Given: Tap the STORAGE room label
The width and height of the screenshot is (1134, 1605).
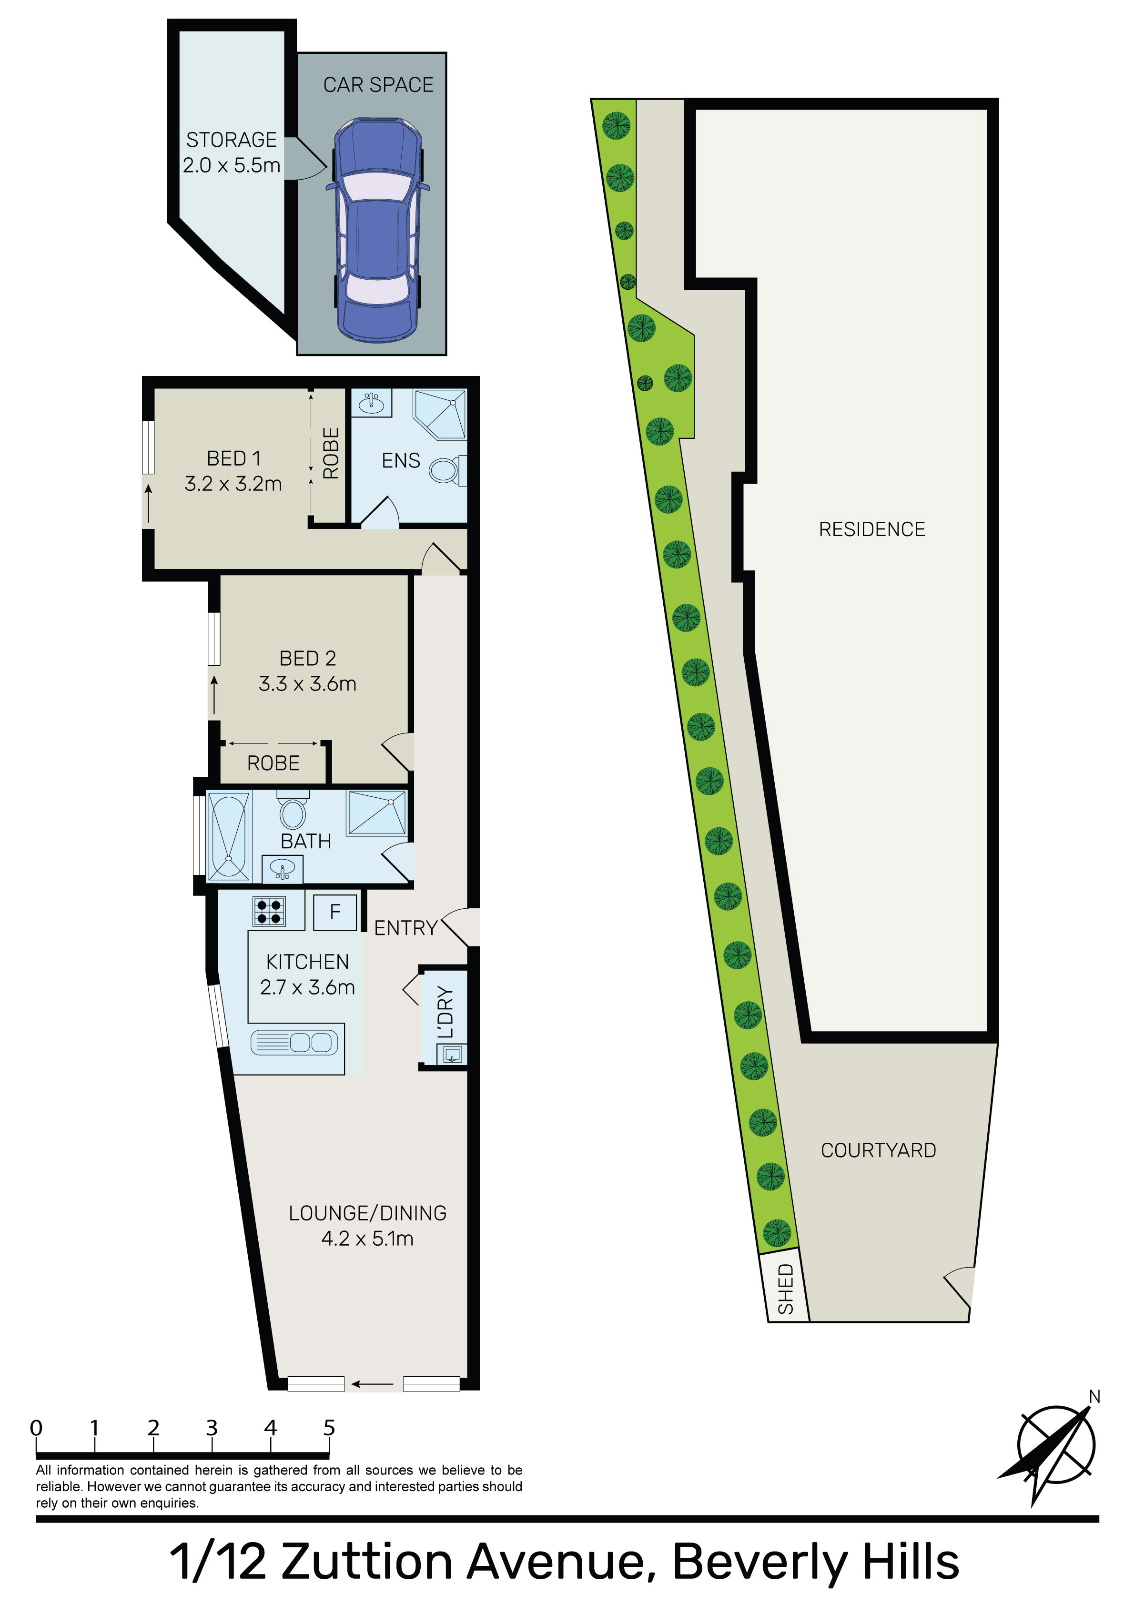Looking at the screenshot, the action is click(x=232, y=140).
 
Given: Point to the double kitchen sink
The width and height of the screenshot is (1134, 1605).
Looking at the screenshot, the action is click(x=294, y=1043).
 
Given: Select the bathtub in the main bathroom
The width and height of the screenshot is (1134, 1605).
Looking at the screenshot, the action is click(x=229, y=835).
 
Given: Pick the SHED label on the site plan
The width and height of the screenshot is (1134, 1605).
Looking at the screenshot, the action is click(x=786, y=1289).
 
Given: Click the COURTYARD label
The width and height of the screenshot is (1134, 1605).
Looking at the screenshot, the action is click(x=878, y=1151).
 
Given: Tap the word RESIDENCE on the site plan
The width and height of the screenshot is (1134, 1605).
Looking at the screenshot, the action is click(x=872, y=529).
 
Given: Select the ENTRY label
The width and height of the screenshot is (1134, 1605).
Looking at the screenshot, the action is click(x=405, y=928).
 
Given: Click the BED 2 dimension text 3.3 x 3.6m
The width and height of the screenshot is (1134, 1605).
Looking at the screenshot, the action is click(x=308, y=684).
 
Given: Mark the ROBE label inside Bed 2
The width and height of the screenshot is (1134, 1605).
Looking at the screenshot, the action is click(x=273, y=763).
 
